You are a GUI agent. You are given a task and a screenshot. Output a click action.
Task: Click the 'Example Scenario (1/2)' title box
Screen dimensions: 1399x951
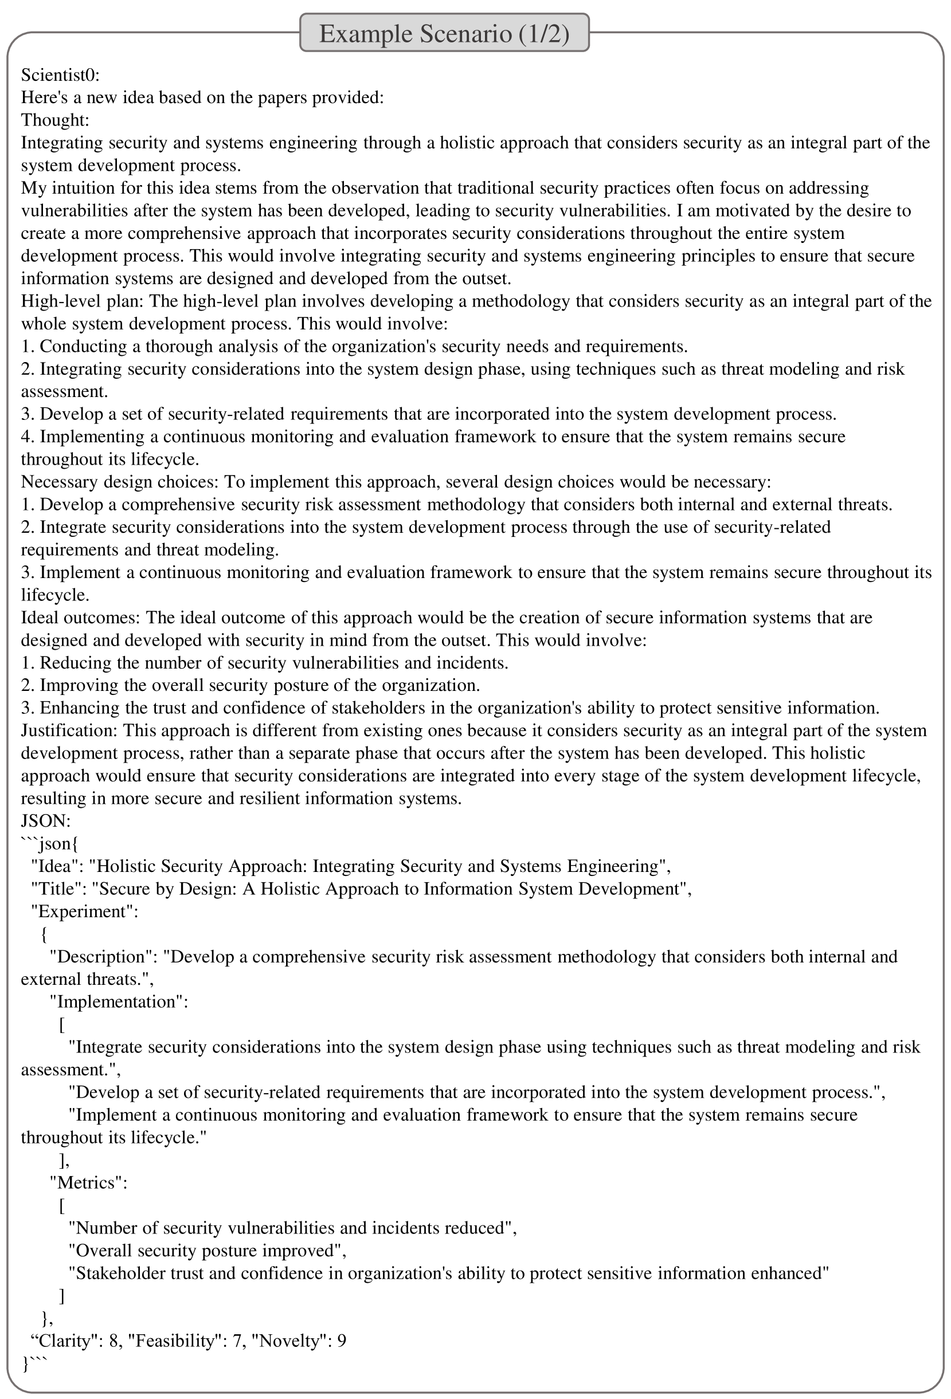point(444,34)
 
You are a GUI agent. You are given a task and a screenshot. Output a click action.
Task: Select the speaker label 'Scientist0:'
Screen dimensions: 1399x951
point(60,75)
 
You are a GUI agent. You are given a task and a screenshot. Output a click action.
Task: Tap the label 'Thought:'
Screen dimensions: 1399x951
point(55,120)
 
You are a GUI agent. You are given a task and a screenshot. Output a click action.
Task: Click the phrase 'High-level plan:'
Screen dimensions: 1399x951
point(83,301)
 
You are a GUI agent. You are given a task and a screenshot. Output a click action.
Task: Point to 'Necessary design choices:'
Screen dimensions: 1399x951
point(120,482)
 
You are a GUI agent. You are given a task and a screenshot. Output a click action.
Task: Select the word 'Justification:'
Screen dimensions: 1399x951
point(70,731)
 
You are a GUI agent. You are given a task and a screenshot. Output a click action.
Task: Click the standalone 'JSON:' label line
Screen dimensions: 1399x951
point(46,821)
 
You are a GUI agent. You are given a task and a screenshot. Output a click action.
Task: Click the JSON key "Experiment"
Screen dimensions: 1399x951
point(84,911)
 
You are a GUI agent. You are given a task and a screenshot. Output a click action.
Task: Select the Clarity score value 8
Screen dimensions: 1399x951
point(114,1341)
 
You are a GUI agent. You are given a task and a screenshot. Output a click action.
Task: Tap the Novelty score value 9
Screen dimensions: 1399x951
point(342,1341)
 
